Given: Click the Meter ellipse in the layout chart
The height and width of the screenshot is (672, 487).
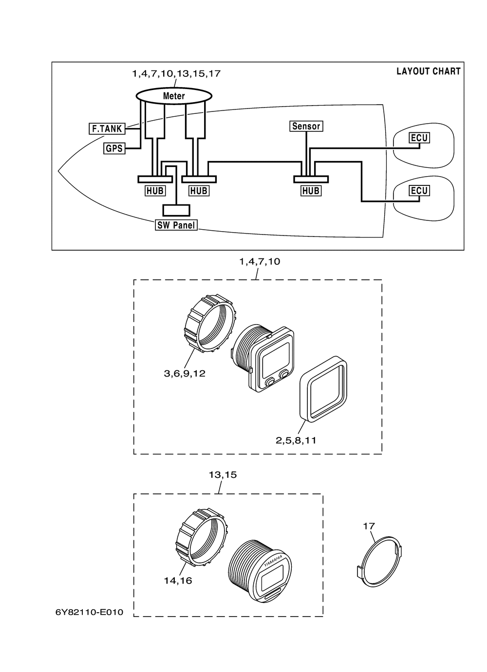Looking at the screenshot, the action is click(x=174, y=96).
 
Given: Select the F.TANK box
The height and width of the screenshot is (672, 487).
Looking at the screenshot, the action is click(x=107, y=128).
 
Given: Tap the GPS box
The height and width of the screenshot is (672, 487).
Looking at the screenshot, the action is click(x=114, y=148).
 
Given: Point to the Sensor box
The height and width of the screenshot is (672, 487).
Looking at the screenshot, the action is click(x=306, y=126).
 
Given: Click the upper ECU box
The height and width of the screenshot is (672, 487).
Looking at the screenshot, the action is click(x=419, y=138).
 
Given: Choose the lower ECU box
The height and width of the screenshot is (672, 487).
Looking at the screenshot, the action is click(x=419, y=190).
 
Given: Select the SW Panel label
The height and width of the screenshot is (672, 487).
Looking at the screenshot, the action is click(x=176, y=225).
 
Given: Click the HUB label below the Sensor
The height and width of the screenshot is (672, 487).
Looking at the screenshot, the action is click(x=311, y=191).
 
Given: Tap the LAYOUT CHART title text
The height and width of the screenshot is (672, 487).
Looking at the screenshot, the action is click(x=429, y=71).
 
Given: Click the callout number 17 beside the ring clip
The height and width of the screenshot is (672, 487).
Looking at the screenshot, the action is click(x=369, y=526).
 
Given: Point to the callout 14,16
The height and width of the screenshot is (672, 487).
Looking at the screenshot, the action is click(x=178, y=581).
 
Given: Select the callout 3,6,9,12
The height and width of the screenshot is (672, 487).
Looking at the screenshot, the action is click(x=185, y=374).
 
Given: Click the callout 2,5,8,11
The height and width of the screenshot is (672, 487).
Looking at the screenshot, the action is click(x=296, y=440).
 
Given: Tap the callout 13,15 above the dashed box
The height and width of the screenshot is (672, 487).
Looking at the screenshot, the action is click(x=223, y=475).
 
